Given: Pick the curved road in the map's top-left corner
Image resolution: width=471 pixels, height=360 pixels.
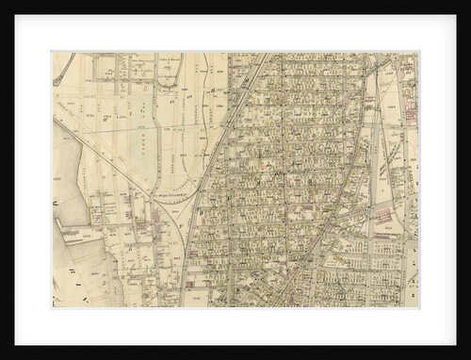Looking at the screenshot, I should pyautogui.click(x=64, y=71).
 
